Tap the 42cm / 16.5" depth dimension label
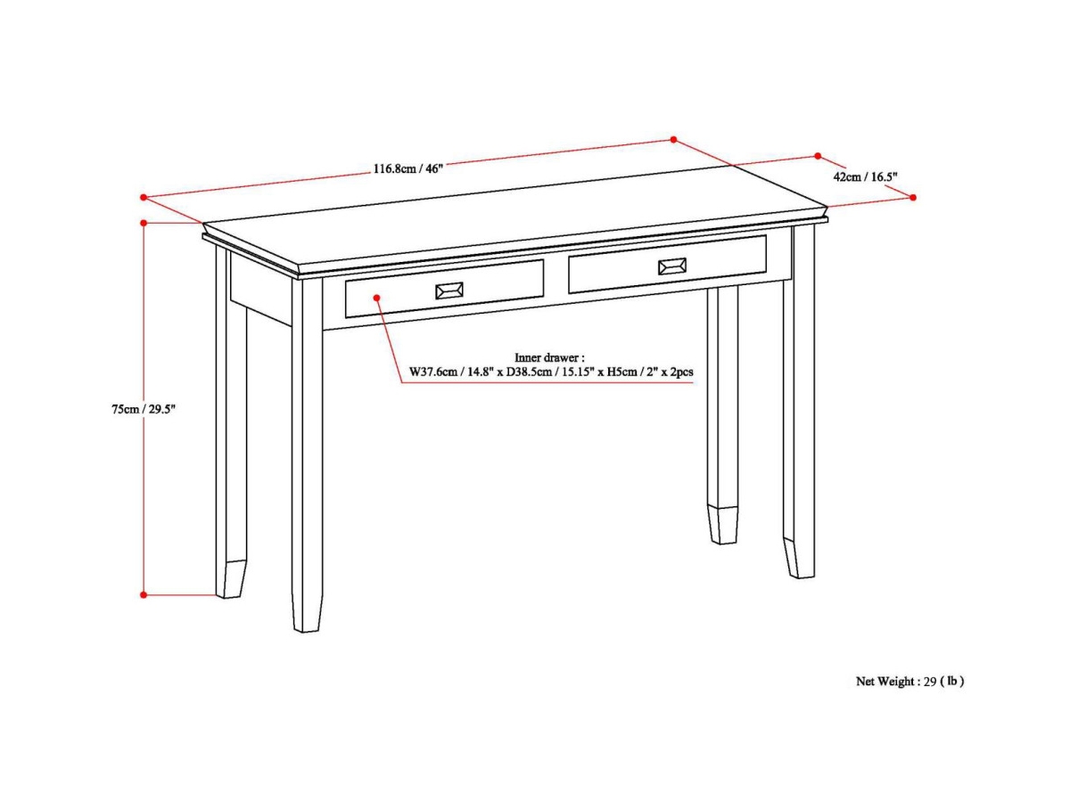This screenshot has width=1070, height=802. click(864, 176)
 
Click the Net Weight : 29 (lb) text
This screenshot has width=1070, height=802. click(909, 682)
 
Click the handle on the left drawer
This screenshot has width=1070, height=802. click(449, 291)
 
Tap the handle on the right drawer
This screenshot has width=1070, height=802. click(671, 266)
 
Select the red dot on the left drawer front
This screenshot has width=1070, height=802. click(377, 298)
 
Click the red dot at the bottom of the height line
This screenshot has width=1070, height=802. click(144, 594)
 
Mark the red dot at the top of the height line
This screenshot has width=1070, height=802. click(144, 222)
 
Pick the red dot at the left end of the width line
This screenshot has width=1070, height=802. click(143, 197)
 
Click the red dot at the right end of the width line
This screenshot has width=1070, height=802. click(673, 140)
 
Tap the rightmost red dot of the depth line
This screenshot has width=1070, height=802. click(912, 198)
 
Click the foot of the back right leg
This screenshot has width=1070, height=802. click(723, 525)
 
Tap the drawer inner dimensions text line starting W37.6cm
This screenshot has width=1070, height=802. click(551, 372)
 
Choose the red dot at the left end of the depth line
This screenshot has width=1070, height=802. click(818, 156)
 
